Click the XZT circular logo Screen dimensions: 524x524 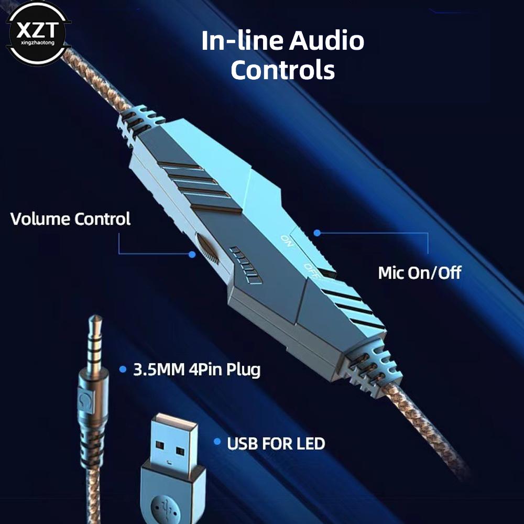[38, 33]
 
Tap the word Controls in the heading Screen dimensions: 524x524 [283, 70]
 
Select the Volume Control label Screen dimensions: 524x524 [70, 219]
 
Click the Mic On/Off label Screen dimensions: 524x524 [419, 272]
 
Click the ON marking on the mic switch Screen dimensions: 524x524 [287, 241]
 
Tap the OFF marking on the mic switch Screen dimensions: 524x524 [311, 271]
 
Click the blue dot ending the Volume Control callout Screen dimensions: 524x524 [192, 255]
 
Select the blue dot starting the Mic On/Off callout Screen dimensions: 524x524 [317, 233]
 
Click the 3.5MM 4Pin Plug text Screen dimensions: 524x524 [196, 369]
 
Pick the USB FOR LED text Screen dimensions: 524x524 [276, 444]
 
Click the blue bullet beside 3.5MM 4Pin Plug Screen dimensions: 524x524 [123, 369]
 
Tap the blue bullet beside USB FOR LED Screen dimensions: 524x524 [217, 442]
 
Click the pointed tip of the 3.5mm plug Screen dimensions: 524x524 [96, 316]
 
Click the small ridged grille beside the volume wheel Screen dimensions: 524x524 [246, 266]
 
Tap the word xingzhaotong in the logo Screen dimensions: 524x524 [37, 43]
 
